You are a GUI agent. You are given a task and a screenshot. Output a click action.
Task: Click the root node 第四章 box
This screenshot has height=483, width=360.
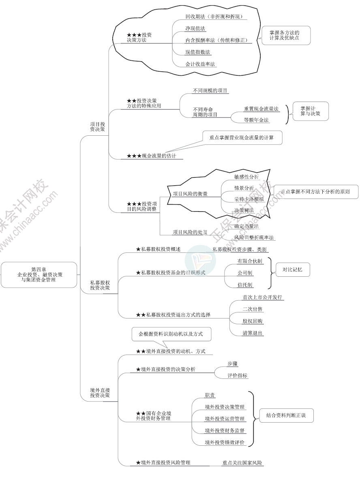39,274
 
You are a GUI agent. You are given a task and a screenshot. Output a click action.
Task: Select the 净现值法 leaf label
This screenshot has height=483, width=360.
195,28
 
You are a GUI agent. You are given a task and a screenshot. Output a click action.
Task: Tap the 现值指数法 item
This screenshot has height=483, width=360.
198,52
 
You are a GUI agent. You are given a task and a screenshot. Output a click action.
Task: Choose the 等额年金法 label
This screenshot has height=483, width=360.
256,120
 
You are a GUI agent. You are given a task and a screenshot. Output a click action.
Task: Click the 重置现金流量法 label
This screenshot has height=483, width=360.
261,109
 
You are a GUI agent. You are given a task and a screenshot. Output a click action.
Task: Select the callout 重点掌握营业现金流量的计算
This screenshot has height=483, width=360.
241,137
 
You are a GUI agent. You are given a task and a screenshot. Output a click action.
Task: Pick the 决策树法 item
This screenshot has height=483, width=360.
244,210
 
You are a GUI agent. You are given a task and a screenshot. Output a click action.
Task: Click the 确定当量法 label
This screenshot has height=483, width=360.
246,226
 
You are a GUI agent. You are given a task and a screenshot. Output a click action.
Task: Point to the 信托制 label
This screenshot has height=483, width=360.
244,285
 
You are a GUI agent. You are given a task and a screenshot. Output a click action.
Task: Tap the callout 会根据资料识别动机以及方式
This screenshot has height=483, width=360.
171,334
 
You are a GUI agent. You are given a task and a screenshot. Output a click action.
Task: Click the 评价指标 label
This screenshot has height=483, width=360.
237,376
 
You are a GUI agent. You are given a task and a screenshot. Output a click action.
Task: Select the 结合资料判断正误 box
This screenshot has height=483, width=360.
286,415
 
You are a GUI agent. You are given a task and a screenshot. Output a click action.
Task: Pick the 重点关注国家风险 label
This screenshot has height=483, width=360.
242,462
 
